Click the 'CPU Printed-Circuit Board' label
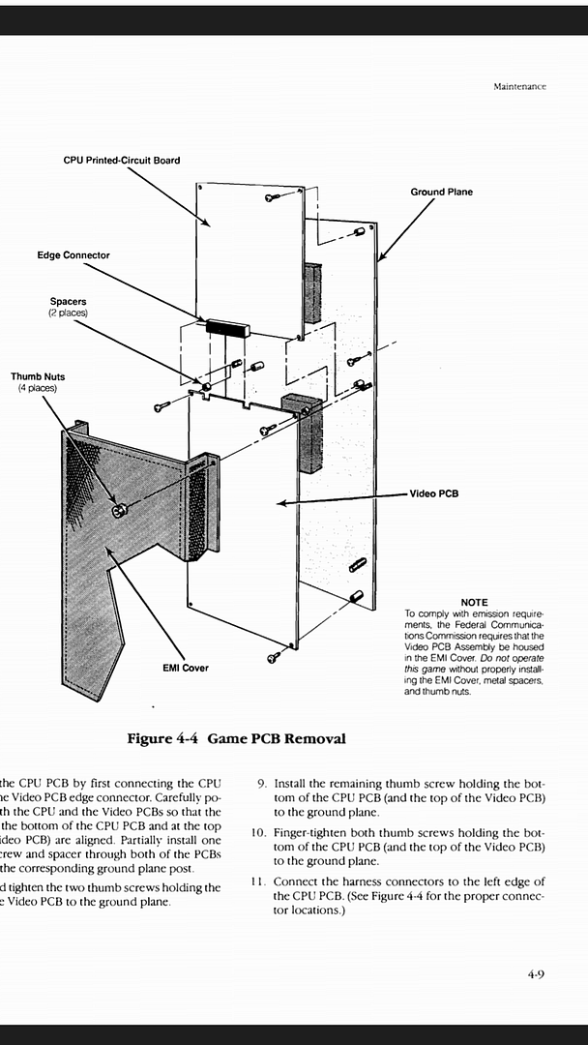121,160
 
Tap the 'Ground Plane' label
441,192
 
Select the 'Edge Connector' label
73,255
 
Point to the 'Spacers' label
68,302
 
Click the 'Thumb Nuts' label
38,376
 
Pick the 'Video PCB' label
433,493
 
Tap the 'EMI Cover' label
186,668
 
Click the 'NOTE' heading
474,603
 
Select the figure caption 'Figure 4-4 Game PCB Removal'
236,738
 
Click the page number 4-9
537,974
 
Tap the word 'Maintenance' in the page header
519,86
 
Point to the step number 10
258,832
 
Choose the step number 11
258,881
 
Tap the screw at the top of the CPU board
273,197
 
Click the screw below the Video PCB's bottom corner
274,657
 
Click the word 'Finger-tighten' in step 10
311,832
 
